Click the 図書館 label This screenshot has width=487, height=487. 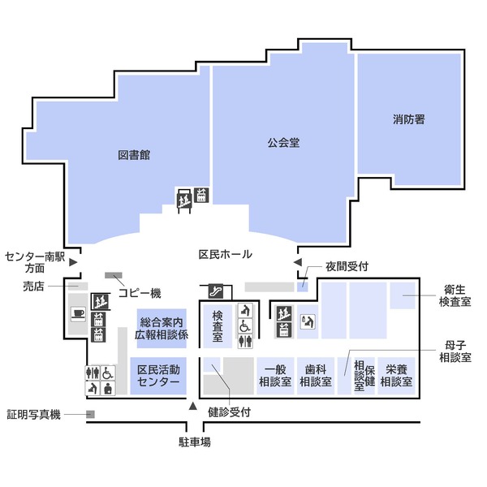point(134,155)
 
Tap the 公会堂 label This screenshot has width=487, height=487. point(283,143)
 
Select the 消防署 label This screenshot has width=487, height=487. point(408,119)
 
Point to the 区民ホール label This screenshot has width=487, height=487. point(225,254)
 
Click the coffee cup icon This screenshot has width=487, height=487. point(79,314)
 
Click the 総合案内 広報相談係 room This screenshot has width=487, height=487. point(162,328)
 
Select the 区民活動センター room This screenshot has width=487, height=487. point(158,376)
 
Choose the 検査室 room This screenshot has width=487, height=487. point(218,325)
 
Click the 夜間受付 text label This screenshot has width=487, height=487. point(347,265)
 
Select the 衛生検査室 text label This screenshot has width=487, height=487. point(455,295)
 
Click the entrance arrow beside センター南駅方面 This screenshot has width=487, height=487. point(73,261)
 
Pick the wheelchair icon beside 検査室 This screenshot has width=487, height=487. point(243,326)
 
